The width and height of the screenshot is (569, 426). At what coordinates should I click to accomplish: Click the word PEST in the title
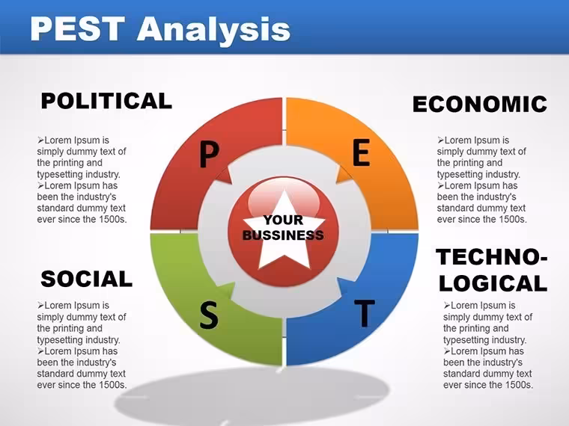[77, 28]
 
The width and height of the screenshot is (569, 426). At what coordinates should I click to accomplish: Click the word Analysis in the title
[213, 31]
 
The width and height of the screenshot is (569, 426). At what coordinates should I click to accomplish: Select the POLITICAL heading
[106, 101]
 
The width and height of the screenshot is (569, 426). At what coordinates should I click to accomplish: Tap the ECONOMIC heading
[480, 105]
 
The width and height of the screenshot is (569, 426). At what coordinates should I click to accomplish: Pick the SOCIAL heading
[86, 279]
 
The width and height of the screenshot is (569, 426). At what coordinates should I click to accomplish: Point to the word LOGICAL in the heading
[493, 283]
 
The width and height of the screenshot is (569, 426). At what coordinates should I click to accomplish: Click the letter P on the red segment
[210, 155]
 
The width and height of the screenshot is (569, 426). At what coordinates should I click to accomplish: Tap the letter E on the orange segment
[361, 153]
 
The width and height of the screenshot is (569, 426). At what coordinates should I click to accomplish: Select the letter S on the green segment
[209, 315]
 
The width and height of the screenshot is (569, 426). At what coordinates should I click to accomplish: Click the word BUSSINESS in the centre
[283, 235]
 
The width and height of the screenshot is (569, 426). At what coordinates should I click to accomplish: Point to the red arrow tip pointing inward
[231, 182]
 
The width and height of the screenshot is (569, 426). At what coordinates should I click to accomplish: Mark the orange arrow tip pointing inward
[337, 182]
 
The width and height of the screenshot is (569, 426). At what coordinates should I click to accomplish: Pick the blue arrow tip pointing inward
[338, 280]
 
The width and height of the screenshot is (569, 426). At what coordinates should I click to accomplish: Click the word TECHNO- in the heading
[492, 257]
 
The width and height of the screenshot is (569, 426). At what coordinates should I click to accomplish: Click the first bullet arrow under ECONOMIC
[440, 141]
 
